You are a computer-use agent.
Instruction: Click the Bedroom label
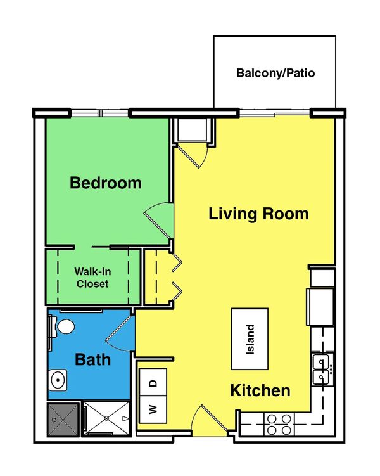click(x=105, y=183)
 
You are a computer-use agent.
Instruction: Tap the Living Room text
click(x=258, y=214)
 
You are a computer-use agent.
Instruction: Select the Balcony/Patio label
click(x=275, y=73)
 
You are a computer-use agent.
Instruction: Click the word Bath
click(x=93, y=360)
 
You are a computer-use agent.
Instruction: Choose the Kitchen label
click(x=260, y=390)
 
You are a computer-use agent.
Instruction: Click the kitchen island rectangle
click(x=251, y=338)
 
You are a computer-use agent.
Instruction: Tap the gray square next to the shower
click(x=64, y=418)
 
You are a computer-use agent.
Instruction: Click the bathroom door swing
click(x=122, y=333)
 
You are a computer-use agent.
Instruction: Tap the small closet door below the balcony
click(x=193, y=152)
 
